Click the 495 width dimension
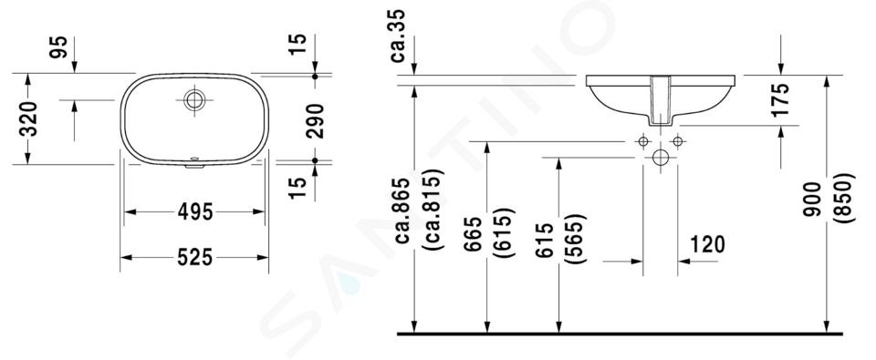[195, 212]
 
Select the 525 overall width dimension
[195, 257]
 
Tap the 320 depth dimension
[28, 118]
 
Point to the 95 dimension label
[58, 46]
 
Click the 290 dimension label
[315, 120]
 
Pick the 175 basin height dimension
[780, 99]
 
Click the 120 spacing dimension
[707, 244]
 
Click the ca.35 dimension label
[398, 36]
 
